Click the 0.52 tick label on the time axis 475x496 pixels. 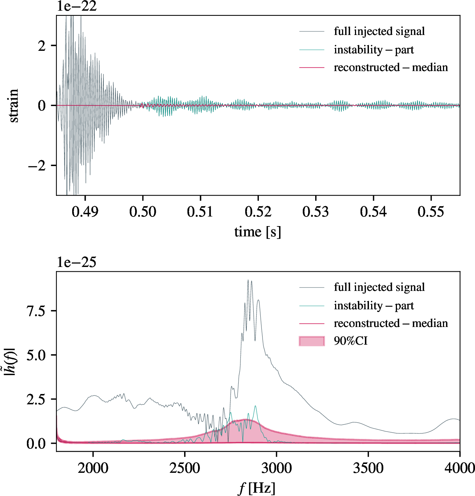tap(258, 212)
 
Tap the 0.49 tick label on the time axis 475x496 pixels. tap(85, 212)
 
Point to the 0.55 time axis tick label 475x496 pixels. tap(431, 212)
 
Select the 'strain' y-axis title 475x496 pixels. tap(14, 105)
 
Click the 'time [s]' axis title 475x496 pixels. tap(258, 232)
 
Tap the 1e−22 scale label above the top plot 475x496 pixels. tap(77, 6)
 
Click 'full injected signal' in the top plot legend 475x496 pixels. tap(379, 31)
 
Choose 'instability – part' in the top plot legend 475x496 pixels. tap(374, 50)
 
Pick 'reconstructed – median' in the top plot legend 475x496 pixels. tap(391, 67)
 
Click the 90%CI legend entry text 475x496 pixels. tap(351, 341)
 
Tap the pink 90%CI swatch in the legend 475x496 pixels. tap(312, 341)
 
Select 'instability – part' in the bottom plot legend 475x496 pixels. tap(374, 306)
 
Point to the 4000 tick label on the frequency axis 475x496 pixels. tap(459, 468)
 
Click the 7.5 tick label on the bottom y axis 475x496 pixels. tap(36, 311)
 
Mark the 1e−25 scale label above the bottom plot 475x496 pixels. tap(77, 262)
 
